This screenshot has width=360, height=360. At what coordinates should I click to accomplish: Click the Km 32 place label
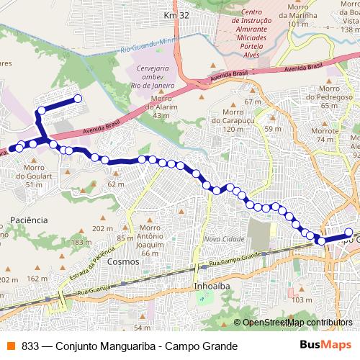176,15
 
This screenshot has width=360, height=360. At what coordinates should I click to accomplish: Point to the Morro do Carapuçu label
220,123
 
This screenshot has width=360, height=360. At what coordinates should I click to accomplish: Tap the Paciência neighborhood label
29,219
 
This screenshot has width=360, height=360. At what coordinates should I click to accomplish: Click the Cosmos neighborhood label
120,262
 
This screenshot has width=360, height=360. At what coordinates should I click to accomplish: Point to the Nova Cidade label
220,239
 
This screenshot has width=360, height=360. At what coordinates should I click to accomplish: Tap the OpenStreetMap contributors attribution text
299,323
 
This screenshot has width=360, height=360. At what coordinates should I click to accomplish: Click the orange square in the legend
11,346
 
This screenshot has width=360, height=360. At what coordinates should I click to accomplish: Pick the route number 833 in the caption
30,346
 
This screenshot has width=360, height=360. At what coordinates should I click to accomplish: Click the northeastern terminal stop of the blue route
77,99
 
